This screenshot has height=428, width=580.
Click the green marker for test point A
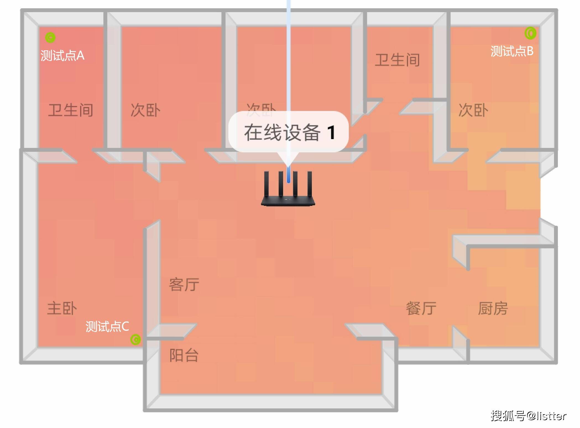50,38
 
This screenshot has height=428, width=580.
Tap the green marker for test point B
530,33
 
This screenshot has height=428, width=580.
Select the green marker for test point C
135,340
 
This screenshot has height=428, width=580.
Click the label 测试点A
62,55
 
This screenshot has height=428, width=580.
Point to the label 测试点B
512,51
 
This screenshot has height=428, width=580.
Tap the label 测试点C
107,326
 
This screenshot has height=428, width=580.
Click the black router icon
288,188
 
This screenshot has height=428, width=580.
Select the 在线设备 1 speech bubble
289,132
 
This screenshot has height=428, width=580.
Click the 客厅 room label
184,285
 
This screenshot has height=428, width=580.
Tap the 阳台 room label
184,355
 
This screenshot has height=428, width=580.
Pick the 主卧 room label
62,308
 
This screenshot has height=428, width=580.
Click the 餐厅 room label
421,308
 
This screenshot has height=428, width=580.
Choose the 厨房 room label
493,308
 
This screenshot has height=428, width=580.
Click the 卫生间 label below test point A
71,110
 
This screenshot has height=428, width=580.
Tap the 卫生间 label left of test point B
397,60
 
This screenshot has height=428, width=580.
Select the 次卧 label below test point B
474,110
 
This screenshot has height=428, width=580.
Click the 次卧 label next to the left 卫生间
145,110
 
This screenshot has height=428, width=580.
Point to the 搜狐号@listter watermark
529,416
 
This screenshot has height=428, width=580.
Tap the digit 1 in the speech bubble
331,132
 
